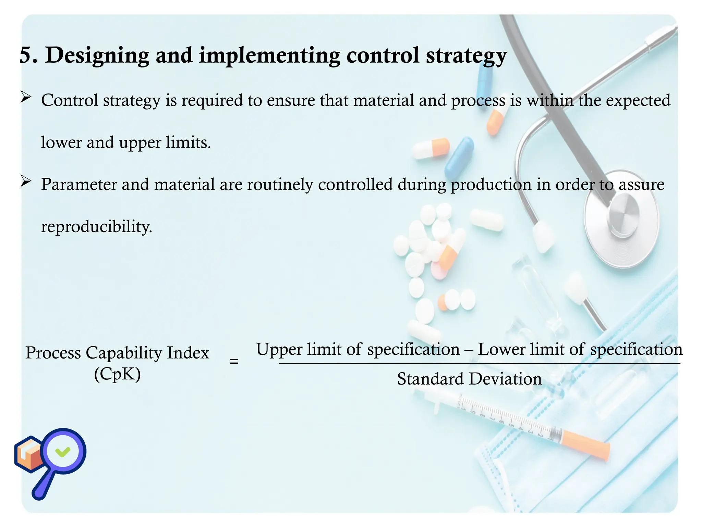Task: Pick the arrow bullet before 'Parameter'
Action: pyautogui.click(x=26, y=181)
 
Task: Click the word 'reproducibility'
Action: pyautogui.click(x=96, y=227)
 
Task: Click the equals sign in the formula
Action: pyautogui.click(x=234, y=361)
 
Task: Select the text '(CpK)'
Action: pyautogui.click(x=117, y=374)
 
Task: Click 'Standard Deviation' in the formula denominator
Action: pyautogui.click(x=469, y=379)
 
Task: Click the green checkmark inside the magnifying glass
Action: pyautogui.click(x=63, y=452)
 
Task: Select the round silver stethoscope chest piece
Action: pyautogui.click(x=622, y=216)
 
